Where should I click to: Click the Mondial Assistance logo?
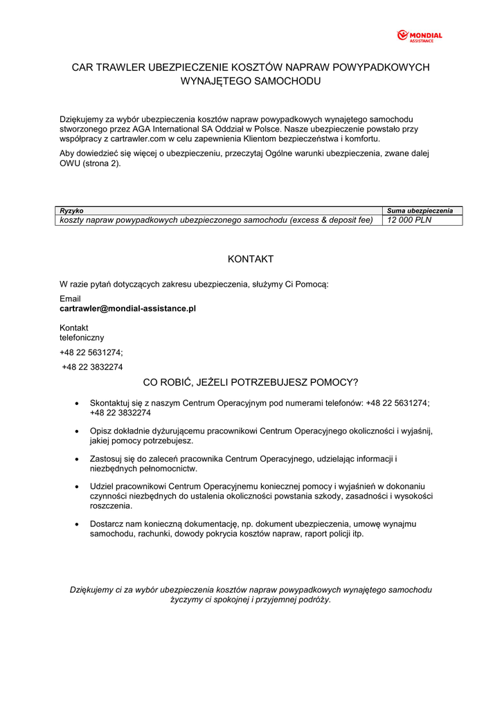pyautogui.click(x=419, y=36)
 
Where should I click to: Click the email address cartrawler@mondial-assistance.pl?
pyautogui.click(x=127, y=308)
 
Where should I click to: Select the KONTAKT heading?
pyautogui.click(x=251, y=259)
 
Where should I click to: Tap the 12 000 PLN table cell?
pyautogui.click(x=410, y=220)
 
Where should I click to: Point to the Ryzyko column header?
pyautogui.click(x=72, y=210)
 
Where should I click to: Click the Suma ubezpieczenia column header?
pyautogui.click(x=420, y=210)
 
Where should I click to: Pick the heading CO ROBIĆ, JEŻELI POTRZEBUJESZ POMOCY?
pyautogui.click(x=251, y=382)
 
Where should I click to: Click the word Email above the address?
pyautogui.click(x=70, y=298)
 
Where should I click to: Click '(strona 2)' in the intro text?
pyautogui.click(x=101, y=163)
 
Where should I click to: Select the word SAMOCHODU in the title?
pyautogui.click(x=288, y=81)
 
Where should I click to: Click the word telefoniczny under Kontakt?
pyautogui.click(x=82, y=337)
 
